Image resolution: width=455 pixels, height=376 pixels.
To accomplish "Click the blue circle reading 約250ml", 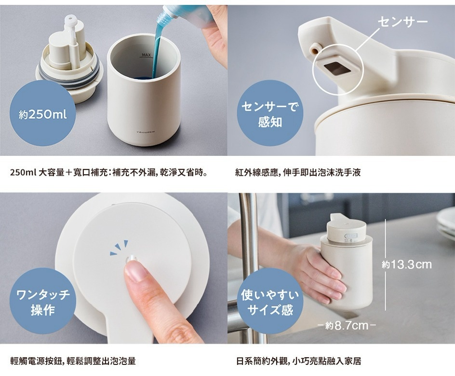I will click(42, 114).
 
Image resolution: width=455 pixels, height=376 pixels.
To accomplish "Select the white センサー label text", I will click(402, 22).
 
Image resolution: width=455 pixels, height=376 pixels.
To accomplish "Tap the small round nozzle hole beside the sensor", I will click(315, 47).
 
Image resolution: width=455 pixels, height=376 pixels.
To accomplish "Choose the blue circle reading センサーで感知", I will click(270, 114).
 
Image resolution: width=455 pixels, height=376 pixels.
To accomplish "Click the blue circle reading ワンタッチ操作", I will click(43, 302).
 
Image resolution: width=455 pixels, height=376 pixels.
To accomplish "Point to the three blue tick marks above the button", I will click(119, 247).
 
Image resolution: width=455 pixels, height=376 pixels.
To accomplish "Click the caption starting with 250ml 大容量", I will click(110, 172).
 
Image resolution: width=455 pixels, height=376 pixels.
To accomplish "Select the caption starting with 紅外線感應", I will click(298, 172).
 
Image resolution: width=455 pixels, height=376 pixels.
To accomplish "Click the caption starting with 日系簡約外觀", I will click(299, 361).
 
